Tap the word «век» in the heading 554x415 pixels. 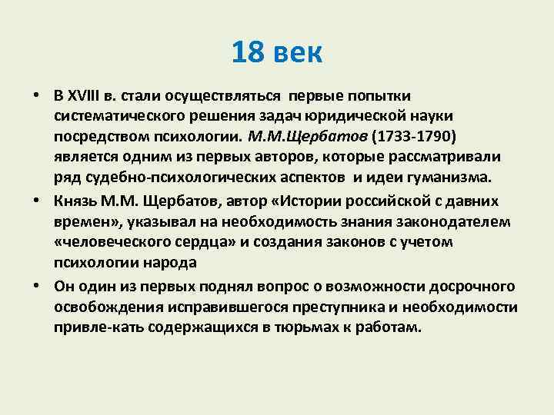[x=297, y=53]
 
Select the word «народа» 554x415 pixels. [x=168, y=263]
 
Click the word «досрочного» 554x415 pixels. [x=466, y=286]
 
